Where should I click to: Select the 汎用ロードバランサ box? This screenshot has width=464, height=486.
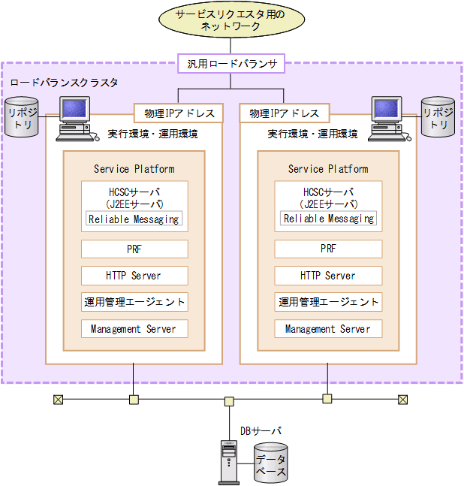(231, 64)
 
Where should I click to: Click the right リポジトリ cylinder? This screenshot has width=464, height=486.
(438, 117)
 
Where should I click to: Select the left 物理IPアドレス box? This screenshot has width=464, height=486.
(178, 113)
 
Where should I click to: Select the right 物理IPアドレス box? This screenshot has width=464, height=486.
(284, 113)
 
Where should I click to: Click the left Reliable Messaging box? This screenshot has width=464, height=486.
(134, 219)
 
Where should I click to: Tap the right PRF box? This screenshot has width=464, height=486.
(328, 249)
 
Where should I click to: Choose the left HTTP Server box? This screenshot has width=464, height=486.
(134, 276)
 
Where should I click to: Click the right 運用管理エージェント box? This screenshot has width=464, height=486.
(328, 302)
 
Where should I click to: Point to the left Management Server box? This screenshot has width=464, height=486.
(134, 329)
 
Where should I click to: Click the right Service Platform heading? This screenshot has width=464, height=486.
(328, 169)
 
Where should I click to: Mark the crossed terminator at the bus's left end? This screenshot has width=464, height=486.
(59, 400)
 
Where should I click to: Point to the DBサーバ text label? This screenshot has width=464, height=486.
(261, 431)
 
